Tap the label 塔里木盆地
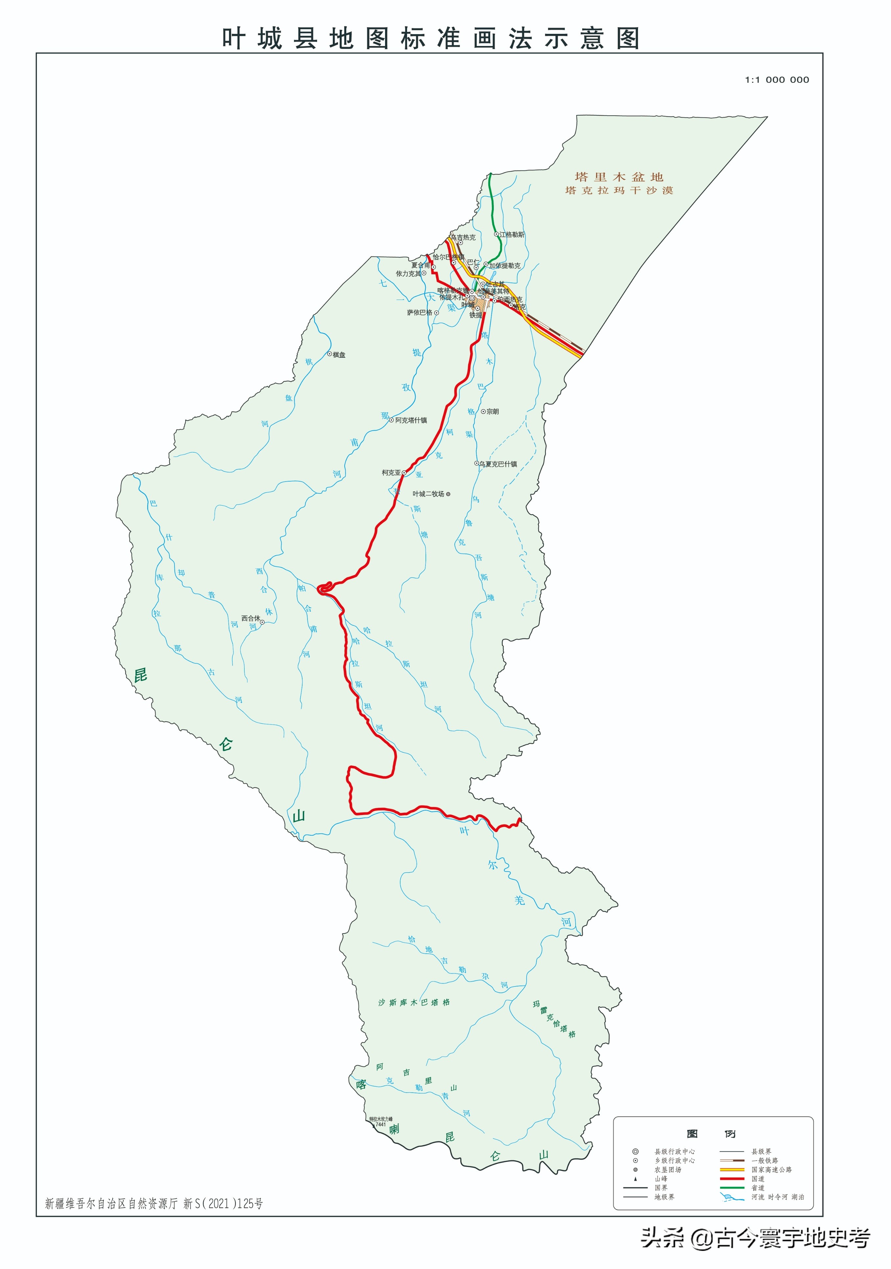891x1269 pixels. click(619, 177)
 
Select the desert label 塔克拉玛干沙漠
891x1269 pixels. click(619, 191)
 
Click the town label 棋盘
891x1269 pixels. click(339, 355)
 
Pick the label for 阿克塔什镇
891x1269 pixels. click(411, 420)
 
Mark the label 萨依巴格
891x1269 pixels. click(420, 313)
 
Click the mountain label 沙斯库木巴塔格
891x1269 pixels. click(414, 1002)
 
